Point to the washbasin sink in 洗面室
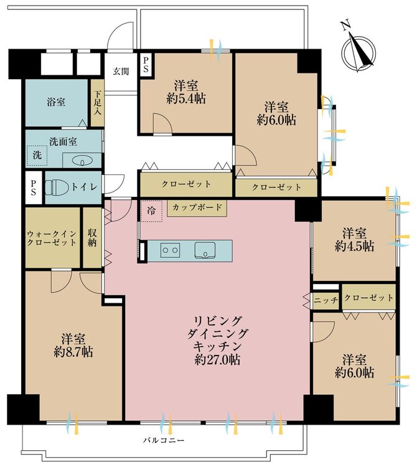pos(82,161)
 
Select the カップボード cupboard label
pos(197,208)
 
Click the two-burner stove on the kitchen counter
pos(171,250)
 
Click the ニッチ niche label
pos(326,300)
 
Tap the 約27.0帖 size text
pos(217,359)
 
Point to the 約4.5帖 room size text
pos(355,246)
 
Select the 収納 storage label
pos(93,237)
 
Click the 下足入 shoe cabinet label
pos(97,104)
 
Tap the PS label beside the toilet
pos(34,188)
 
